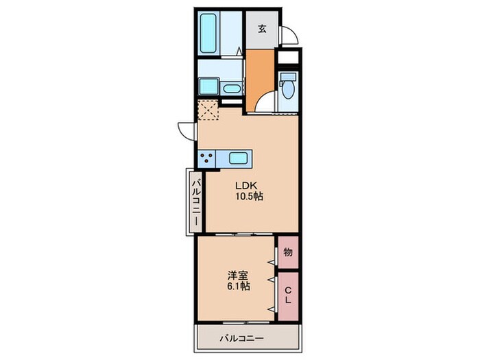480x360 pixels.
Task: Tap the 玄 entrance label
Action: pyautogui.click(x=262, y=29)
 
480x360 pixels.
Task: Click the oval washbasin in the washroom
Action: pyautogui.click(x=231, y=88)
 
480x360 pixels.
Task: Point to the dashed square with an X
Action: pyautogui.click(x=207, y=110)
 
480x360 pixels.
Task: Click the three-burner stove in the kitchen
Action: pyautogui.click(x=206, y=159)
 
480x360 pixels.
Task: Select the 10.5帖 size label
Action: pyautogui.click(x=250, y=197)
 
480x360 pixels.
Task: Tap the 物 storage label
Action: pyautogui.click(x=289, y=252)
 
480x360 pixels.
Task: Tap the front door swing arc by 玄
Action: pyautogui.click(x=289, y=36)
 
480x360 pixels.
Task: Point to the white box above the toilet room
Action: pyautogui.click(x=290, y=58)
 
